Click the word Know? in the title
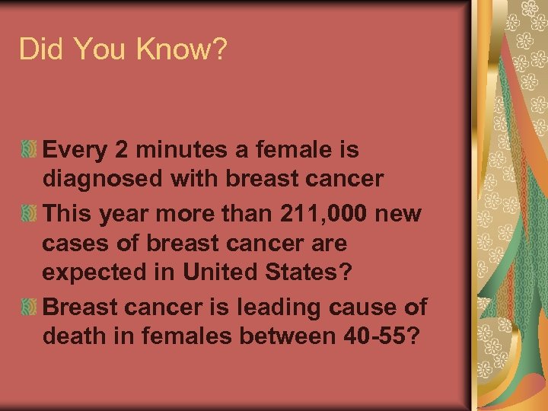182,49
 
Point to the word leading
273,308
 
